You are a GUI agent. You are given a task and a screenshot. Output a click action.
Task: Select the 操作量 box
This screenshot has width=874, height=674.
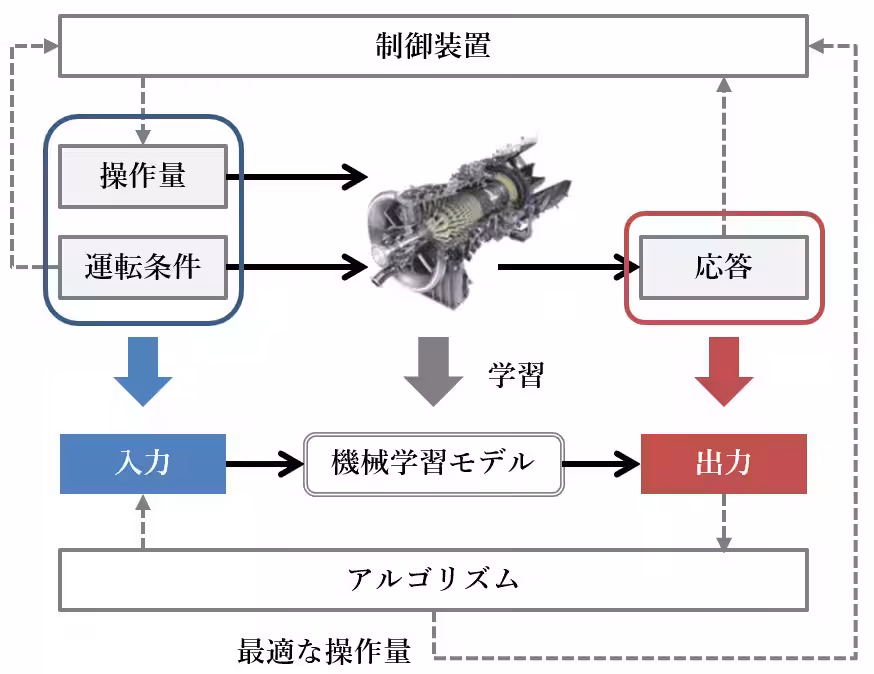pyautogui.click(x=142, y=177)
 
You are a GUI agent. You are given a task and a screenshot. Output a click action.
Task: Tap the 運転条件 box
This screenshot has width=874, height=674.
pyautogui.click(x=142, y=267)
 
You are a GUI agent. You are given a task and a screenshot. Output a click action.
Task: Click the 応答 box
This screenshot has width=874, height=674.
pyautogui.click(x=722, y=267)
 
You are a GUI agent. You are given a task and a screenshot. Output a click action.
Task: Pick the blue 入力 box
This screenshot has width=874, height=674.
pyautogui.click(x=142, y=464)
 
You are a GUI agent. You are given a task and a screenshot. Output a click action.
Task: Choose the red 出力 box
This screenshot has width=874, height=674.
pyautogui.click(x=723, y=464)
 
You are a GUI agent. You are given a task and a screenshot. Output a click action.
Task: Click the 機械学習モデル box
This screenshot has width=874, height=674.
pyautogui.click(x=433, y=464)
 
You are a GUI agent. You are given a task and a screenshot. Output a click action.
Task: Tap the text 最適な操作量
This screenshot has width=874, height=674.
pyautogui.click(x=324, y=652)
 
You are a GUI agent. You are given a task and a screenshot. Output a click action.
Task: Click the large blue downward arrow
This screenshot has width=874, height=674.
pyautogui.click(x=142, y=369)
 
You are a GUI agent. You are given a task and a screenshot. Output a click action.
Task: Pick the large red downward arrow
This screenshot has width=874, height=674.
pyautogui.click(x=723, y=369)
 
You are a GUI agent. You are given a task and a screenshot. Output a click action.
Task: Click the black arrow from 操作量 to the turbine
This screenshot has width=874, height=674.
pyautogui.click(x=300, y=177)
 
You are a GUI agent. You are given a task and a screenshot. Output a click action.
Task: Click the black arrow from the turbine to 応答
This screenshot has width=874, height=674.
pyautogui.click(x=565, y=267)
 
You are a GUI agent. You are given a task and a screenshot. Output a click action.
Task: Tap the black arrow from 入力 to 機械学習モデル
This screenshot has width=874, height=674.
pyautogui.click(x=262, y=464)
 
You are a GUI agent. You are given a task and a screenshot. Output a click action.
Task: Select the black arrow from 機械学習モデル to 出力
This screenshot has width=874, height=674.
pyautogui.click(x=600, y=464)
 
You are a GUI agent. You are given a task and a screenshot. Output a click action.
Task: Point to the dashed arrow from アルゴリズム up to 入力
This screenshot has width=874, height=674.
pyautogui.click(x=142, y=523)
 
